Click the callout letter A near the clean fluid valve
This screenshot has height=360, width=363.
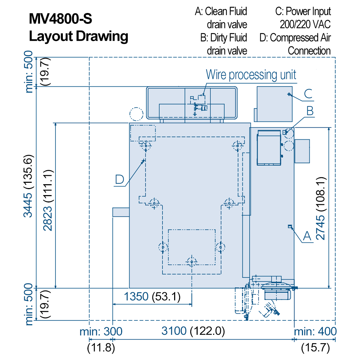(x=307, y=236)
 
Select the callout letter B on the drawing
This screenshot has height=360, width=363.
(x=310, y=111)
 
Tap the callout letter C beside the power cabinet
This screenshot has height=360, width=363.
(x=308, y=94)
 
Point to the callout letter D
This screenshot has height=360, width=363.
(x=120, y=180)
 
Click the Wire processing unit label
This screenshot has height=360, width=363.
(x=251, y=75)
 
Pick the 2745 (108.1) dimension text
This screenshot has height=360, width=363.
(x=321, y=208)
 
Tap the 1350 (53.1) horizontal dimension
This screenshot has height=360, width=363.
(x=152, y=297)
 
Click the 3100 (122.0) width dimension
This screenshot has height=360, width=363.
(x=193, y=331)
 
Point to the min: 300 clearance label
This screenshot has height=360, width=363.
(x=101, y=331)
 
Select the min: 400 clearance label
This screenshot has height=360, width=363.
(x=315, y=331)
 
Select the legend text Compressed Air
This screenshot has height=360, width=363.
(x=301, y=38)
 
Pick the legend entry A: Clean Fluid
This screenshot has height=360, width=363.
(x=221, y=12)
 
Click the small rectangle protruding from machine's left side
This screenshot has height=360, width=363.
(x=121, y=212)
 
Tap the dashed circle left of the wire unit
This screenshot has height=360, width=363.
(x=136, y=114)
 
